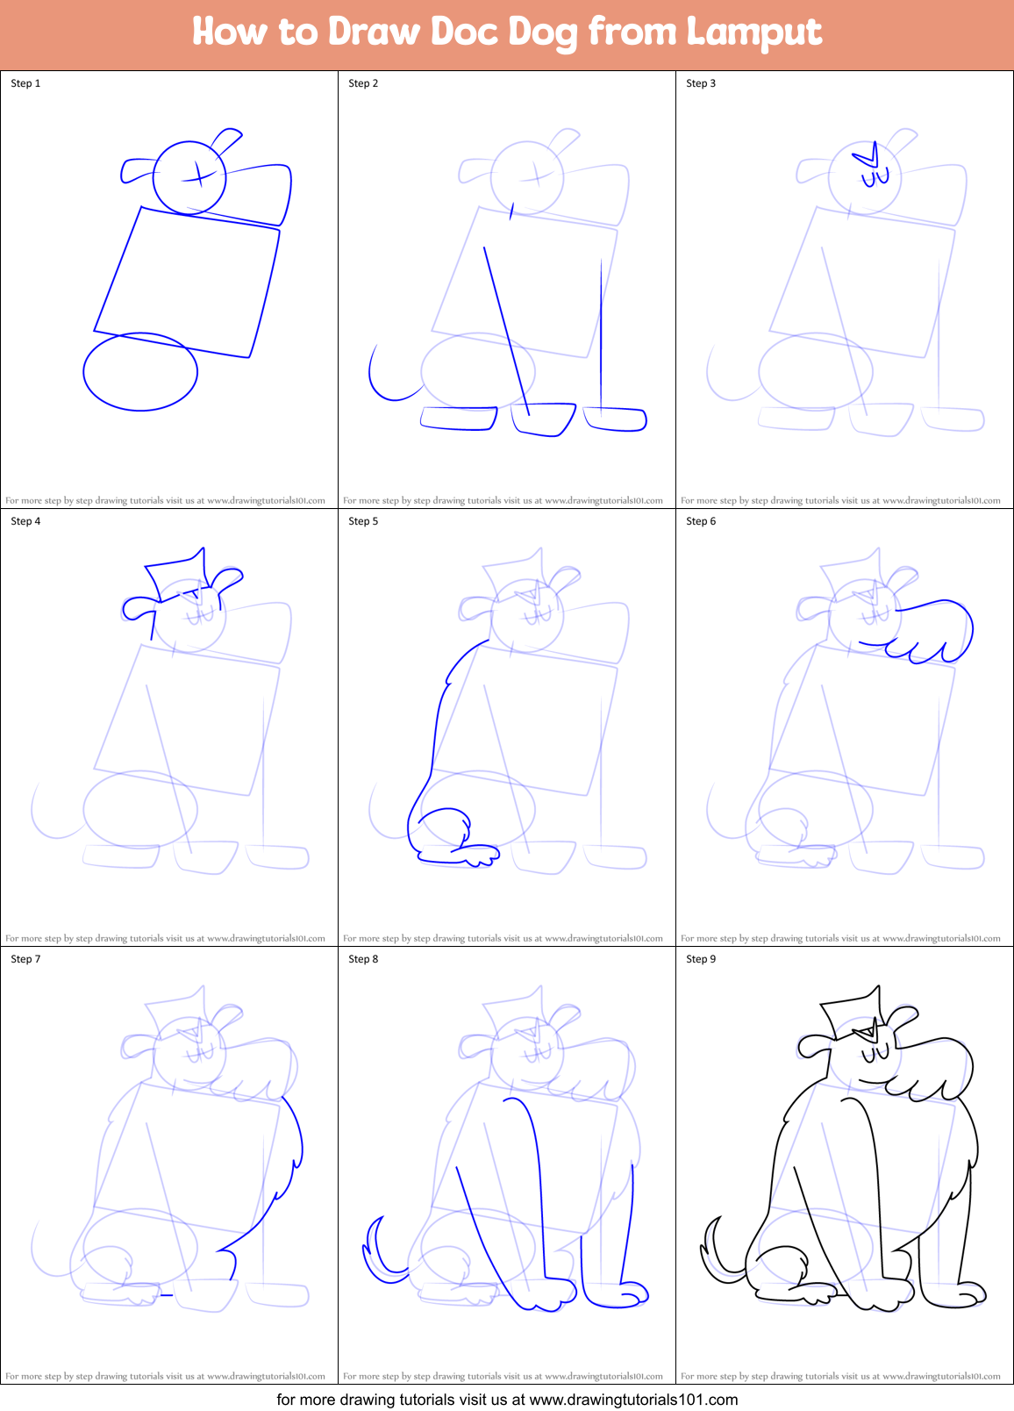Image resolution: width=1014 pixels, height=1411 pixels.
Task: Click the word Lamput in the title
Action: [753, 32]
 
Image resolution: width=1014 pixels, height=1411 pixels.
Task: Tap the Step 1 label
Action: [25, 83]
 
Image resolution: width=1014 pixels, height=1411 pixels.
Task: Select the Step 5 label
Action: [363, 521]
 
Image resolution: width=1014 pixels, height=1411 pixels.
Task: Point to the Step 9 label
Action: [701, 959]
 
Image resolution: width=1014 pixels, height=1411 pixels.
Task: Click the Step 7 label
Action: [25, 959]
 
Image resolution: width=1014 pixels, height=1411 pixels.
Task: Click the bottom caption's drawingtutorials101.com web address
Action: [633, 1400]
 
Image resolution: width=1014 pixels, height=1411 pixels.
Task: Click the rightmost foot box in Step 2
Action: [617, 419]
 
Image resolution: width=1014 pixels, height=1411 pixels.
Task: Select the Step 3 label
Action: [701, 83]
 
